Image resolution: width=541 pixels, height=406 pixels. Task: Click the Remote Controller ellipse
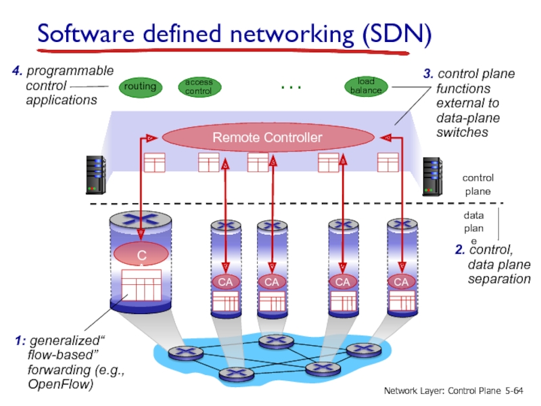[x=267, y=138]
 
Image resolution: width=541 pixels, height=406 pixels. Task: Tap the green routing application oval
[x=139, y=87]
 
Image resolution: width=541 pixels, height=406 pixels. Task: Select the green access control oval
[x=199, y=87]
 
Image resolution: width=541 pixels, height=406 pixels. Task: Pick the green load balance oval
[x=366, y=86]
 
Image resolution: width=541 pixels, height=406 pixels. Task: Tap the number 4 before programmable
[x=16, y=71]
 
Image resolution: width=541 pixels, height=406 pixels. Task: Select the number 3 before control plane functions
[x=428, y=74]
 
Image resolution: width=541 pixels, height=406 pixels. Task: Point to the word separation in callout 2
[x=499, y=278]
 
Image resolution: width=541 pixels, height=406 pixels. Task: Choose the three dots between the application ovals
[x=290, y=87]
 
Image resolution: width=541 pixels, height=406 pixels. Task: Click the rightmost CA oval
[x=401, y=281]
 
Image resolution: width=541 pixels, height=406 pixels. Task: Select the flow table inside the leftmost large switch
[x=141, y=285]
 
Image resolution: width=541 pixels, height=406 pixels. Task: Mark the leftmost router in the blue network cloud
[x=181, y=353]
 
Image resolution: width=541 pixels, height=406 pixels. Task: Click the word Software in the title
[x=85, y=34]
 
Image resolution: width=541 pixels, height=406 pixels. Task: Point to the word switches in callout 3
[x=462, y=133]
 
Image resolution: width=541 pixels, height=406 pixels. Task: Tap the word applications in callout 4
[x=62, y=100]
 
